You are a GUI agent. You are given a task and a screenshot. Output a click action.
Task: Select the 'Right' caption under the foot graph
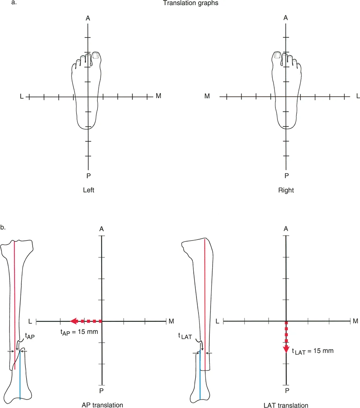pos(286,190)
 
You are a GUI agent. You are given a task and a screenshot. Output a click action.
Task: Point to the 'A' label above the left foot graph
pos(88,18)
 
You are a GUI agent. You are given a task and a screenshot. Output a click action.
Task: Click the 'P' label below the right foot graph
pos(286,176)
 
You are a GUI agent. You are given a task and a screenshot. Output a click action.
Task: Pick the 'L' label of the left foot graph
pos(22,97)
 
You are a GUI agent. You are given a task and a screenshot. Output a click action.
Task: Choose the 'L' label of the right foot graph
pos(358,96)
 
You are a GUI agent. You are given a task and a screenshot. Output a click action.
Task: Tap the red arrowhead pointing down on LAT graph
pos(286,348)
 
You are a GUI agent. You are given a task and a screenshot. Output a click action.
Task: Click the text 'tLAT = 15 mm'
pos(312,351)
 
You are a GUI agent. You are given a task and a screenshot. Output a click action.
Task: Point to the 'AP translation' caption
pos(102,404)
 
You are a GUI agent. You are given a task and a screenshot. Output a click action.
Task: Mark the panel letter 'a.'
pos(4,3)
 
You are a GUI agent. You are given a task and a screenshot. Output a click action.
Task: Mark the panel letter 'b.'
pos(4,228)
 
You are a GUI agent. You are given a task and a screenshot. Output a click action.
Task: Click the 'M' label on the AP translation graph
pos(171,321)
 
